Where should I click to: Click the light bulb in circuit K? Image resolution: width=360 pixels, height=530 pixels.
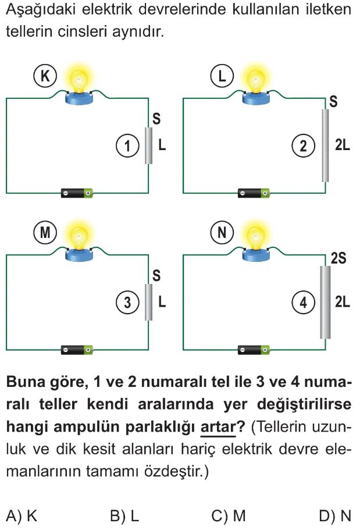77,81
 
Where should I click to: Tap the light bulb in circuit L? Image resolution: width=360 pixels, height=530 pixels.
255,81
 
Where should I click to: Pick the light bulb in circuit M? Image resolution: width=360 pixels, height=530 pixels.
77,239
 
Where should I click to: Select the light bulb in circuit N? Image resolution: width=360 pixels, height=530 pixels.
255,239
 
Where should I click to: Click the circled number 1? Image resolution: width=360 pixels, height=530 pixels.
127,145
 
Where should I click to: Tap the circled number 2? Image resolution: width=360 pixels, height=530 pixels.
304,145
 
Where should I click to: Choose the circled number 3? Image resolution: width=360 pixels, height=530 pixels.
127,302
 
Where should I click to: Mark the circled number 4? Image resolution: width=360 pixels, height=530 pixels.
304,302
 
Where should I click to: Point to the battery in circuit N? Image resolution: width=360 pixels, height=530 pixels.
255,350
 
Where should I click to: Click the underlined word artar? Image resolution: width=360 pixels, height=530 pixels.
218,426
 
